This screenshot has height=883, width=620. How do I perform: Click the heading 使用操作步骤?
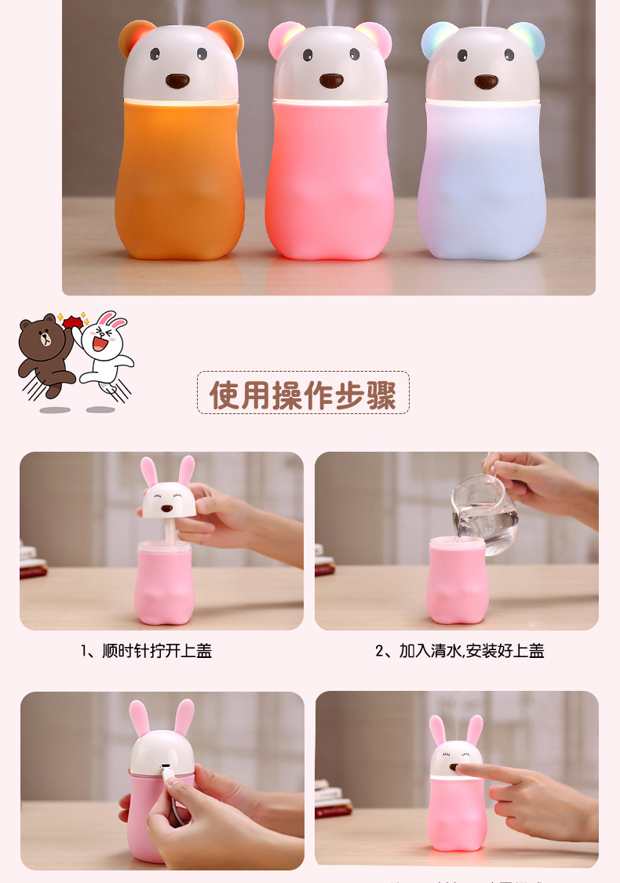tap(303, 393)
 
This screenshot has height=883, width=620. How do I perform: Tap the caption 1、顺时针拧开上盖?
tap(147, 651)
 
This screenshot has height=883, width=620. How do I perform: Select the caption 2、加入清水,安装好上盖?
tap(460, 651)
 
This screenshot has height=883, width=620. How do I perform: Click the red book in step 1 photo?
tap(33, 571)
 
